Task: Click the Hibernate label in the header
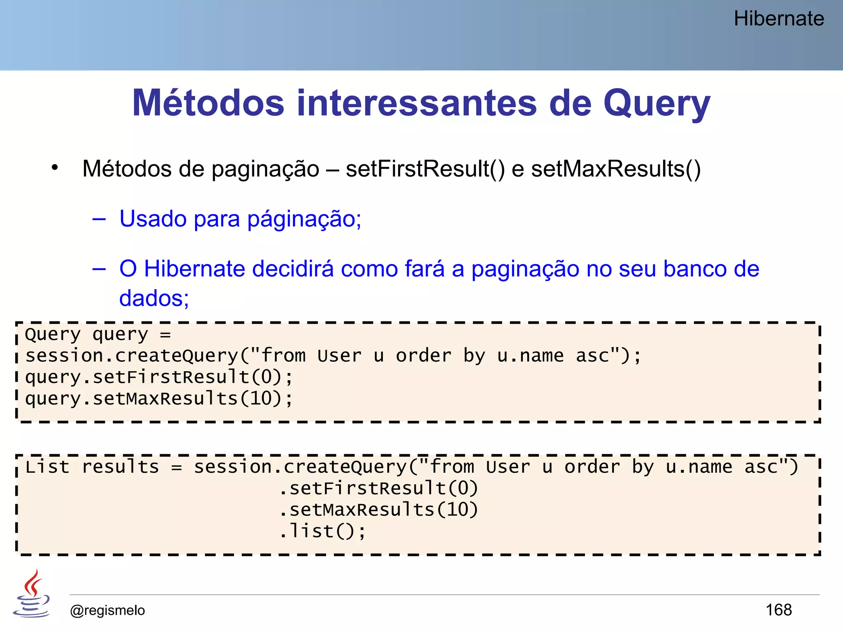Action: coord(778,19)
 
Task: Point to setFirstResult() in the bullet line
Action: coord(425,169)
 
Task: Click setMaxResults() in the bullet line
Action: coord(616,169)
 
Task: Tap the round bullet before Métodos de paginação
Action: coord(55,167)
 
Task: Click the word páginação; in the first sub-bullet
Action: coord(304,218)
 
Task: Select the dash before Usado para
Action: coord(99,219)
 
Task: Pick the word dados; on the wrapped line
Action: coord(154,298)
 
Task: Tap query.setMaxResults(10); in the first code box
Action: coord(159,399)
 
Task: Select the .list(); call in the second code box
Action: coord(322,531)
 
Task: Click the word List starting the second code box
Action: coord(47,467)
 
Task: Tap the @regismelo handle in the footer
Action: coord(107,610)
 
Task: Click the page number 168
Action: coord(778,610)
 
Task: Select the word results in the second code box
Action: coord(120,467)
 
